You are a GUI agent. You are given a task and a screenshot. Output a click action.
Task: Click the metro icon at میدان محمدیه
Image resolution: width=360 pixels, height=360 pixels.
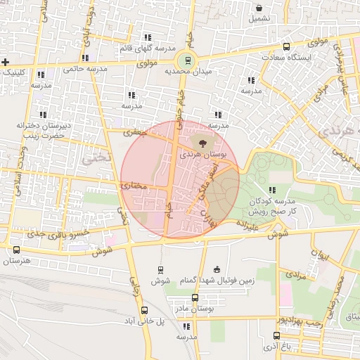(186, 60)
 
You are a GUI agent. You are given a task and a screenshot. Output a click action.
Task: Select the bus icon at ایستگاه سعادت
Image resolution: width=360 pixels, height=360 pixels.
(285, 46)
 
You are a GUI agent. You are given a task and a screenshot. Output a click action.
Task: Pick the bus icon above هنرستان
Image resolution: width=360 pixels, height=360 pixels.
(16, 250)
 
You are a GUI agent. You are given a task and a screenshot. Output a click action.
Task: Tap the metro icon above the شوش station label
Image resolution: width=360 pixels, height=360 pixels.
(161, 269)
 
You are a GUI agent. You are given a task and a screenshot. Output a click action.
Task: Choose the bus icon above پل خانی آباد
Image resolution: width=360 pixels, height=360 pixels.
(144, 310)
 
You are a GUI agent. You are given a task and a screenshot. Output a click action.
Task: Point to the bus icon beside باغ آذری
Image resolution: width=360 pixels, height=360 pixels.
(274, 336)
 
